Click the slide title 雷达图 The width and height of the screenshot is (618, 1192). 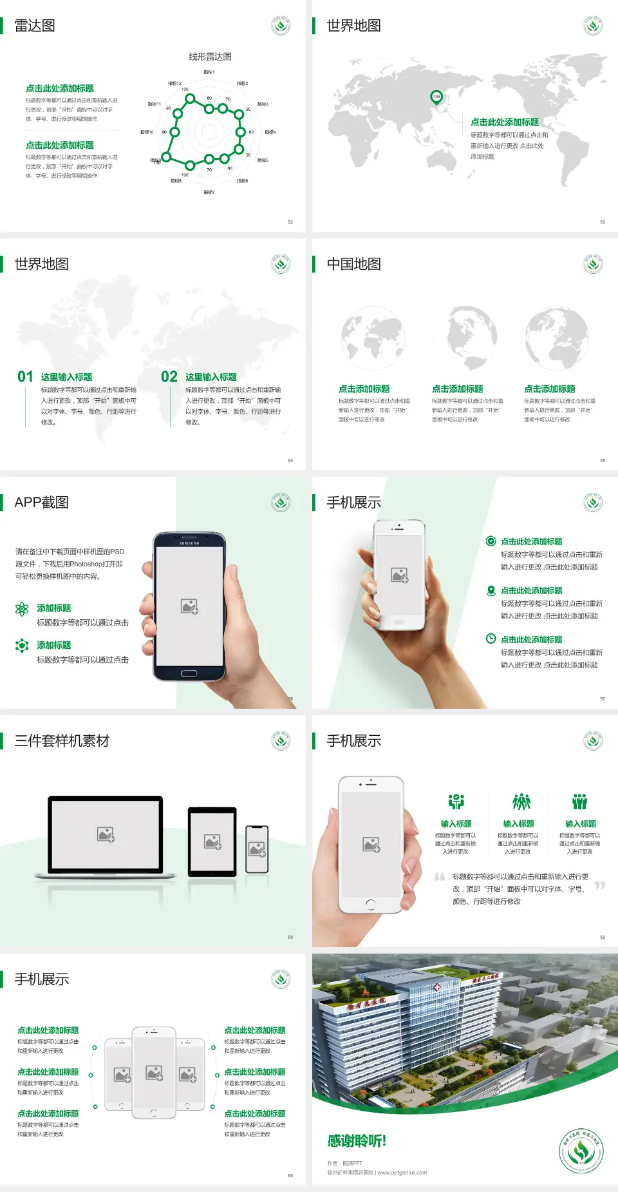tap(35, 26)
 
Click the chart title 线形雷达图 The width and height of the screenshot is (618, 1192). tap(210, 57)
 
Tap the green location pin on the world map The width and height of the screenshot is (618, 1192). tap(436, 97)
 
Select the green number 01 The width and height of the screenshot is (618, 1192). tap(25, 377)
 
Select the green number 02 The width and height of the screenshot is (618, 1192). tap(169, 377)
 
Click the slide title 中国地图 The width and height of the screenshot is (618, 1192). tap(353, 264)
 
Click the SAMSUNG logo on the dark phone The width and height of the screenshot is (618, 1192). tap(189, 543)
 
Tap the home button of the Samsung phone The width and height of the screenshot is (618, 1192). tap(189, 673)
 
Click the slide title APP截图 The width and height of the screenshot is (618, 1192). tap(41, 503)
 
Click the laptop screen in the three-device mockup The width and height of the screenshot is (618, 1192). tap(106, 834)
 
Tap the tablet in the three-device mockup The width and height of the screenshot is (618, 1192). tap(212, 841)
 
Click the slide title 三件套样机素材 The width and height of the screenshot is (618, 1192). tap(62, 741)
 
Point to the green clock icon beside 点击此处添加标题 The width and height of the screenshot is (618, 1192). tap(491, 639)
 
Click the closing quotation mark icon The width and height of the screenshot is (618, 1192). tap(600, 885)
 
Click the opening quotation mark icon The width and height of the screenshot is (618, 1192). tap(440, 876)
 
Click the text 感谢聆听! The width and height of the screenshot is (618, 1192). tap(357, 1141)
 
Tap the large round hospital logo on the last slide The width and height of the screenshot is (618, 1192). tap(581, 1151)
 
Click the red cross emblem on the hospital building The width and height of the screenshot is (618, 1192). tap(437, 987)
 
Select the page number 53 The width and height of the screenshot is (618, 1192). tap(603, 222)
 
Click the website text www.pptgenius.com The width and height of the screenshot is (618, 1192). tap(402, 1173)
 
